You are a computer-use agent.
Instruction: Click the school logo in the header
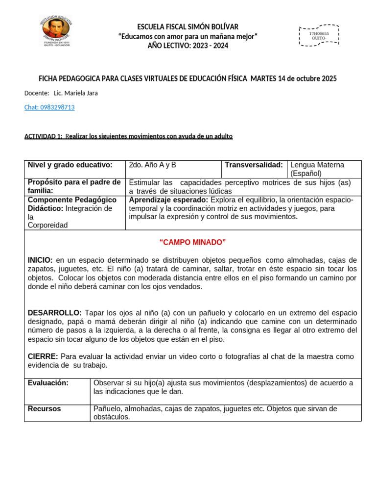[x=55, y=31]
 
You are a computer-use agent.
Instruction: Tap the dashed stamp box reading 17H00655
[x=319, y=35]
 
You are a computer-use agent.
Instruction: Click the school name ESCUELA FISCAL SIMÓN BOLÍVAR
[x=188, y=27]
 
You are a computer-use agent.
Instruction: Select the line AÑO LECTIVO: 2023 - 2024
[x=188, y=46]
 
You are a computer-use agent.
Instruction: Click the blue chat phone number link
[x=49, y=107]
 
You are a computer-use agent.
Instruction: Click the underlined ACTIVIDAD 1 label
[x=43, y=136]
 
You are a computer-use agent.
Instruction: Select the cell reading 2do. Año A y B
[x=152, y=165]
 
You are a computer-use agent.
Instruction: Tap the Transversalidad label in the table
[x=254, y=165]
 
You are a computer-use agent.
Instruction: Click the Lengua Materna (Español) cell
[x=317, y=169]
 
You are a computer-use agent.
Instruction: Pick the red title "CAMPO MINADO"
[x=192, y=243]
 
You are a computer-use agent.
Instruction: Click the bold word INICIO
[x=41, y=260]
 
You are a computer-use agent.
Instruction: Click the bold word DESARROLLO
[x=55, y=313]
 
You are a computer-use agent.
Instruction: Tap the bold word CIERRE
[x=43, y=356]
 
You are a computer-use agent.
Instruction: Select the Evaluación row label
[x=48, y=383]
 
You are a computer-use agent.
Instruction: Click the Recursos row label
[x=45, y=409]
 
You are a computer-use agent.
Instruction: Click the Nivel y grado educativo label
[x=70, y=165]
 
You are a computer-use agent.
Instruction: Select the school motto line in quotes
[x=188, y=36]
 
